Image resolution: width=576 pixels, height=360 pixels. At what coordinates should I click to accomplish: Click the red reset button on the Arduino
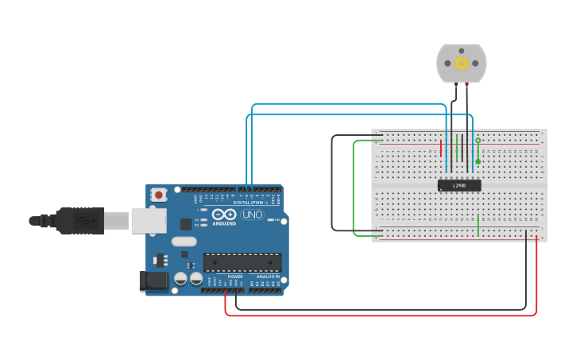pos(159,194)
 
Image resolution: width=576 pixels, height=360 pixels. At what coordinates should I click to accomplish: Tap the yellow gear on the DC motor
pos(461,63)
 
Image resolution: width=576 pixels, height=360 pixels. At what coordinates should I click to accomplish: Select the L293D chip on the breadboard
pos(459,185)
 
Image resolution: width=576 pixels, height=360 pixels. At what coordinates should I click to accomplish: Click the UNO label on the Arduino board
pos(252,215)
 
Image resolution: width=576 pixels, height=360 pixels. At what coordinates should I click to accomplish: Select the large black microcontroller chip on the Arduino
pos(242,262)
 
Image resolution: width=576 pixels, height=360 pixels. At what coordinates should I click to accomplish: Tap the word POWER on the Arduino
pos(235,277)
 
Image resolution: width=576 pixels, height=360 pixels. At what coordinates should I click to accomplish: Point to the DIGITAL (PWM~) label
pos(251,203)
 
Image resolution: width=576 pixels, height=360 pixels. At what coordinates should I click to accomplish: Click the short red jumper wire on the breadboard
pos(441,148)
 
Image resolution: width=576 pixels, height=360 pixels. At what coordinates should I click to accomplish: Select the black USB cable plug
pos(79,220)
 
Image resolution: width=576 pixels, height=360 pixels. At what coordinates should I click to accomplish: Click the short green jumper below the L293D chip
pos(478,226)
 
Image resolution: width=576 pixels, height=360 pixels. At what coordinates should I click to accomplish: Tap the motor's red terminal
pos(467,83)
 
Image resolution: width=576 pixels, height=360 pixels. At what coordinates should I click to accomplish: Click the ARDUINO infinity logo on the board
pos(225,215)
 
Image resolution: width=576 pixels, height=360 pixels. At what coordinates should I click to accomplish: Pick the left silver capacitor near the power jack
pos(181,278)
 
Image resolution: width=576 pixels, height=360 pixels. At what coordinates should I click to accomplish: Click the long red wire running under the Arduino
pos(381,315)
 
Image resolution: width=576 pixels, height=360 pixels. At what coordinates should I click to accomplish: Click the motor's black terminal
pos(454,83)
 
